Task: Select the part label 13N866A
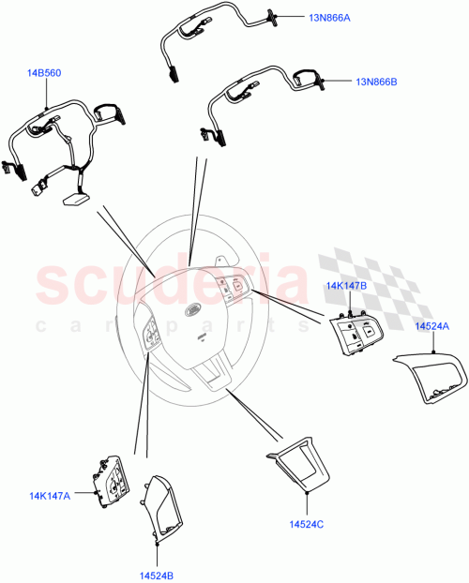pyautogui.click(x=331, y=17)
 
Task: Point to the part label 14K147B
pyautogui.click(x=346, y=285)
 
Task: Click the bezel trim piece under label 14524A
pyautogui.click(x=430, y=380)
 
